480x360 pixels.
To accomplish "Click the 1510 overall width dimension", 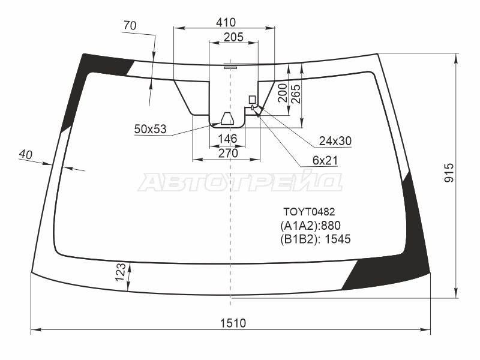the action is click(x=233, y=323).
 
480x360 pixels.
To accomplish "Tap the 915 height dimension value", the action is click(x=449, y=173).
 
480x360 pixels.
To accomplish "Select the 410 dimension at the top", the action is click(x=226, y=22).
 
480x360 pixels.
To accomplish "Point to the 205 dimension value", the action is click(x=233, y=37).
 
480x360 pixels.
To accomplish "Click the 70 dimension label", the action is click(x=130, y=26).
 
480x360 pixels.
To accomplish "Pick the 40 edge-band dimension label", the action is click(x=25, y=155).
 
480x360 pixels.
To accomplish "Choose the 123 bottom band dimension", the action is click(x=121, y=272).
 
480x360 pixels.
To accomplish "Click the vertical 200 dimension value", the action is click(x=283, y=93).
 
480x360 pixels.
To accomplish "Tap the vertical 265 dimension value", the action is click(x=296, y=94).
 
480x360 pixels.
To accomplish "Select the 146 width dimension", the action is click(x=228, y=139).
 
